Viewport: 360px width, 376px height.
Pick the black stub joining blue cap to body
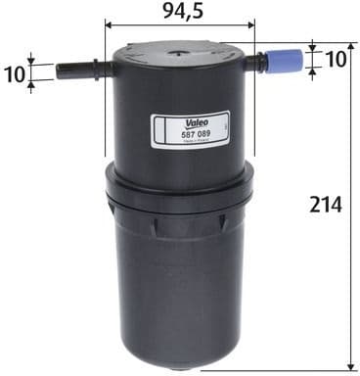click(x=255, y=63)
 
